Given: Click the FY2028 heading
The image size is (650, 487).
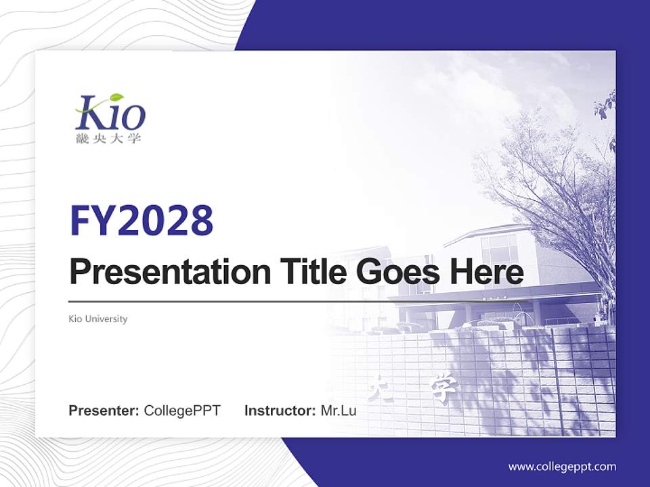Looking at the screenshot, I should coord(142,221).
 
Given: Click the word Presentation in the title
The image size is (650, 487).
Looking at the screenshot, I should coord(168,273).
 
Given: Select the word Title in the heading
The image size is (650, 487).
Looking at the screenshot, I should coord(309,273).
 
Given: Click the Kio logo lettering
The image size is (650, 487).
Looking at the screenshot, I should coord(110,115).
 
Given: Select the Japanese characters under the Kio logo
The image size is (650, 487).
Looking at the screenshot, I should coord(109,139).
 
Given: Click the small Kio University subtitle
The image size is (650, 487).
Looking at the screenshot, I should coord(98,319).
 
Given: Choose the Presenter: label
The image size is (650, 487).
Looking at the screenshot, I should coord(104,411).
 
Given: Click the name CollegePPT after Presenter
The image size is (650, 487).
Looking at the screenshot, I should coord(182,411).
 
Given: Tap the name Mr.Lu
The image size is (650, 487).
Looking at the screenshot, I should coord(339,411).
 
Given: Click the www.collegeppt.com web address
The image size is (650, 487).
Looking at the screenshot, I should coord(562,467).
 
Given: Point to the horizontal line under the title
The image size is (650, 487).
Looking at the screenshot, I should coord(298,302).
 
